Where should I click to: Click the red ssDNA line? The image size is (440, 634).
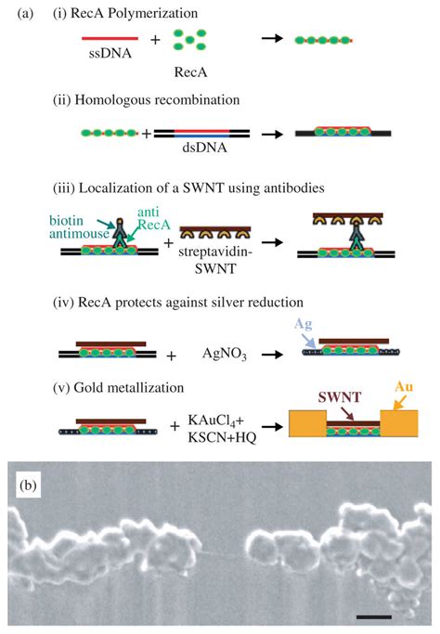pos(110,39)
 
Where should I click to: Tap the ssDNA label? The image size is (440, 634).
pos(110,53)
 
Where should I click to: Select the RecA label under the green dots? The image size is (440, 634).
pos(190,72)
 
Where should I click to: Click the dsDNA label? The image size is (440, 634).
pos(204,148)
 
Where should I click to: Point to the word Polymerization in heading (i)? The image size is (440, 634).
pos(153,14)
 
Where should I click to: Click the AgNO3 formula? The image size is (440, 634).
pos(225,354)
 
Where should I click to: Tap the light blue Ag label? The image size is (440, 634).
pos(303,324)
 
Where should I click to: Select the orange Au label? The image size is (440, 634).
pos(404,387)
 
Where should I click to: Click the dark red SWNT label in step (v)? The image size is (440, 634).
pos(339,397)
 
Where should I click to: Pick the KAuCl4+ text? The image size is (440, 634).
pos(216,421)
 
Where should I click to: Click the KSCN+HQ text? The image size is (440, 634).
pos(222,437)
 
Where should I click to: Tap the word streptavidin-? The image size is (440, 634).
pos(215,252)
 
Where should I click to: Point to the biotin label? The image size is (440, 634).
pos(66,221)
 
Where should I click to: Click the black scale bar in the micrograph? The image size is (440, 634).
pos(374,617)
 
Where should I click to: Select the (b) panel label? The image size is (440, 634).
pos(28,485)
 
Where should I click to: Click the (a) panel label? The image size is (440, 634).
pos(25,14)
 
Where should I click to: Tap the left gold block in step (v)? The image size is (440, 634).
pos(307,423)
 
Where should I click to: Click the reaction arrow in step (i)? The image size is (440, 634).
pos(272,39)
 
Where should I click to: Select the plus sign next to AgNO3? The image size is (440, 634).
pos(172,356)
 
